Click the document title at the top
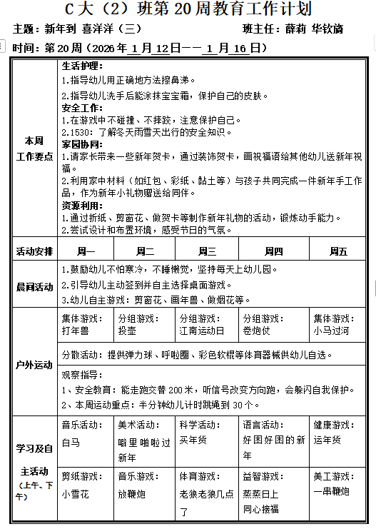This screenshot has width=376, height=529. point(188,9)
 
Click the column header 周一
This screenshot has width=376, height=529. point(86,251)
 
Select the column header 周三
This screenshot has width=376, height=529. point(208,251)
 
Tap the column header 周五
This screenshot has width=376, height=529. point(338,251)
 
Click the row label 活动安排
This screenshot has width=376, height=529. point(34,251)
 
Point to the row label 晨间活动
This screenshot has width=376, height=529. point(34,286)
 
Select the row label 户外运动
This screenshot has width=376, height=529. point(34,365)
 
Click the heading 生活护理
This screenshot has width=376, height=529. point(82,66)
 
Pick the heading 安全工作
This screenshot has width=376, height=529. point(82,107)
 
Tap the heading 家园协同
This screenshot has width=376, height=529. point(82,143)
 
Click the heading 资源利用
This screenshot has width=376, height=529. point(82,205)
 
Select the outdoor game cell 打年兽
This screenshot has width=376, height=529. point(75,331)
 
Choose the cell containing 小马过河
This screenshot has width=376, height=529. point(330,331)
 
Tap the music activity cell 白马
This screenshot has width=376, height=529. point(71,442)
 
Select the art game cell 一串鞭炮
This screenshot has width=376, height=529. point(330,491)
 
